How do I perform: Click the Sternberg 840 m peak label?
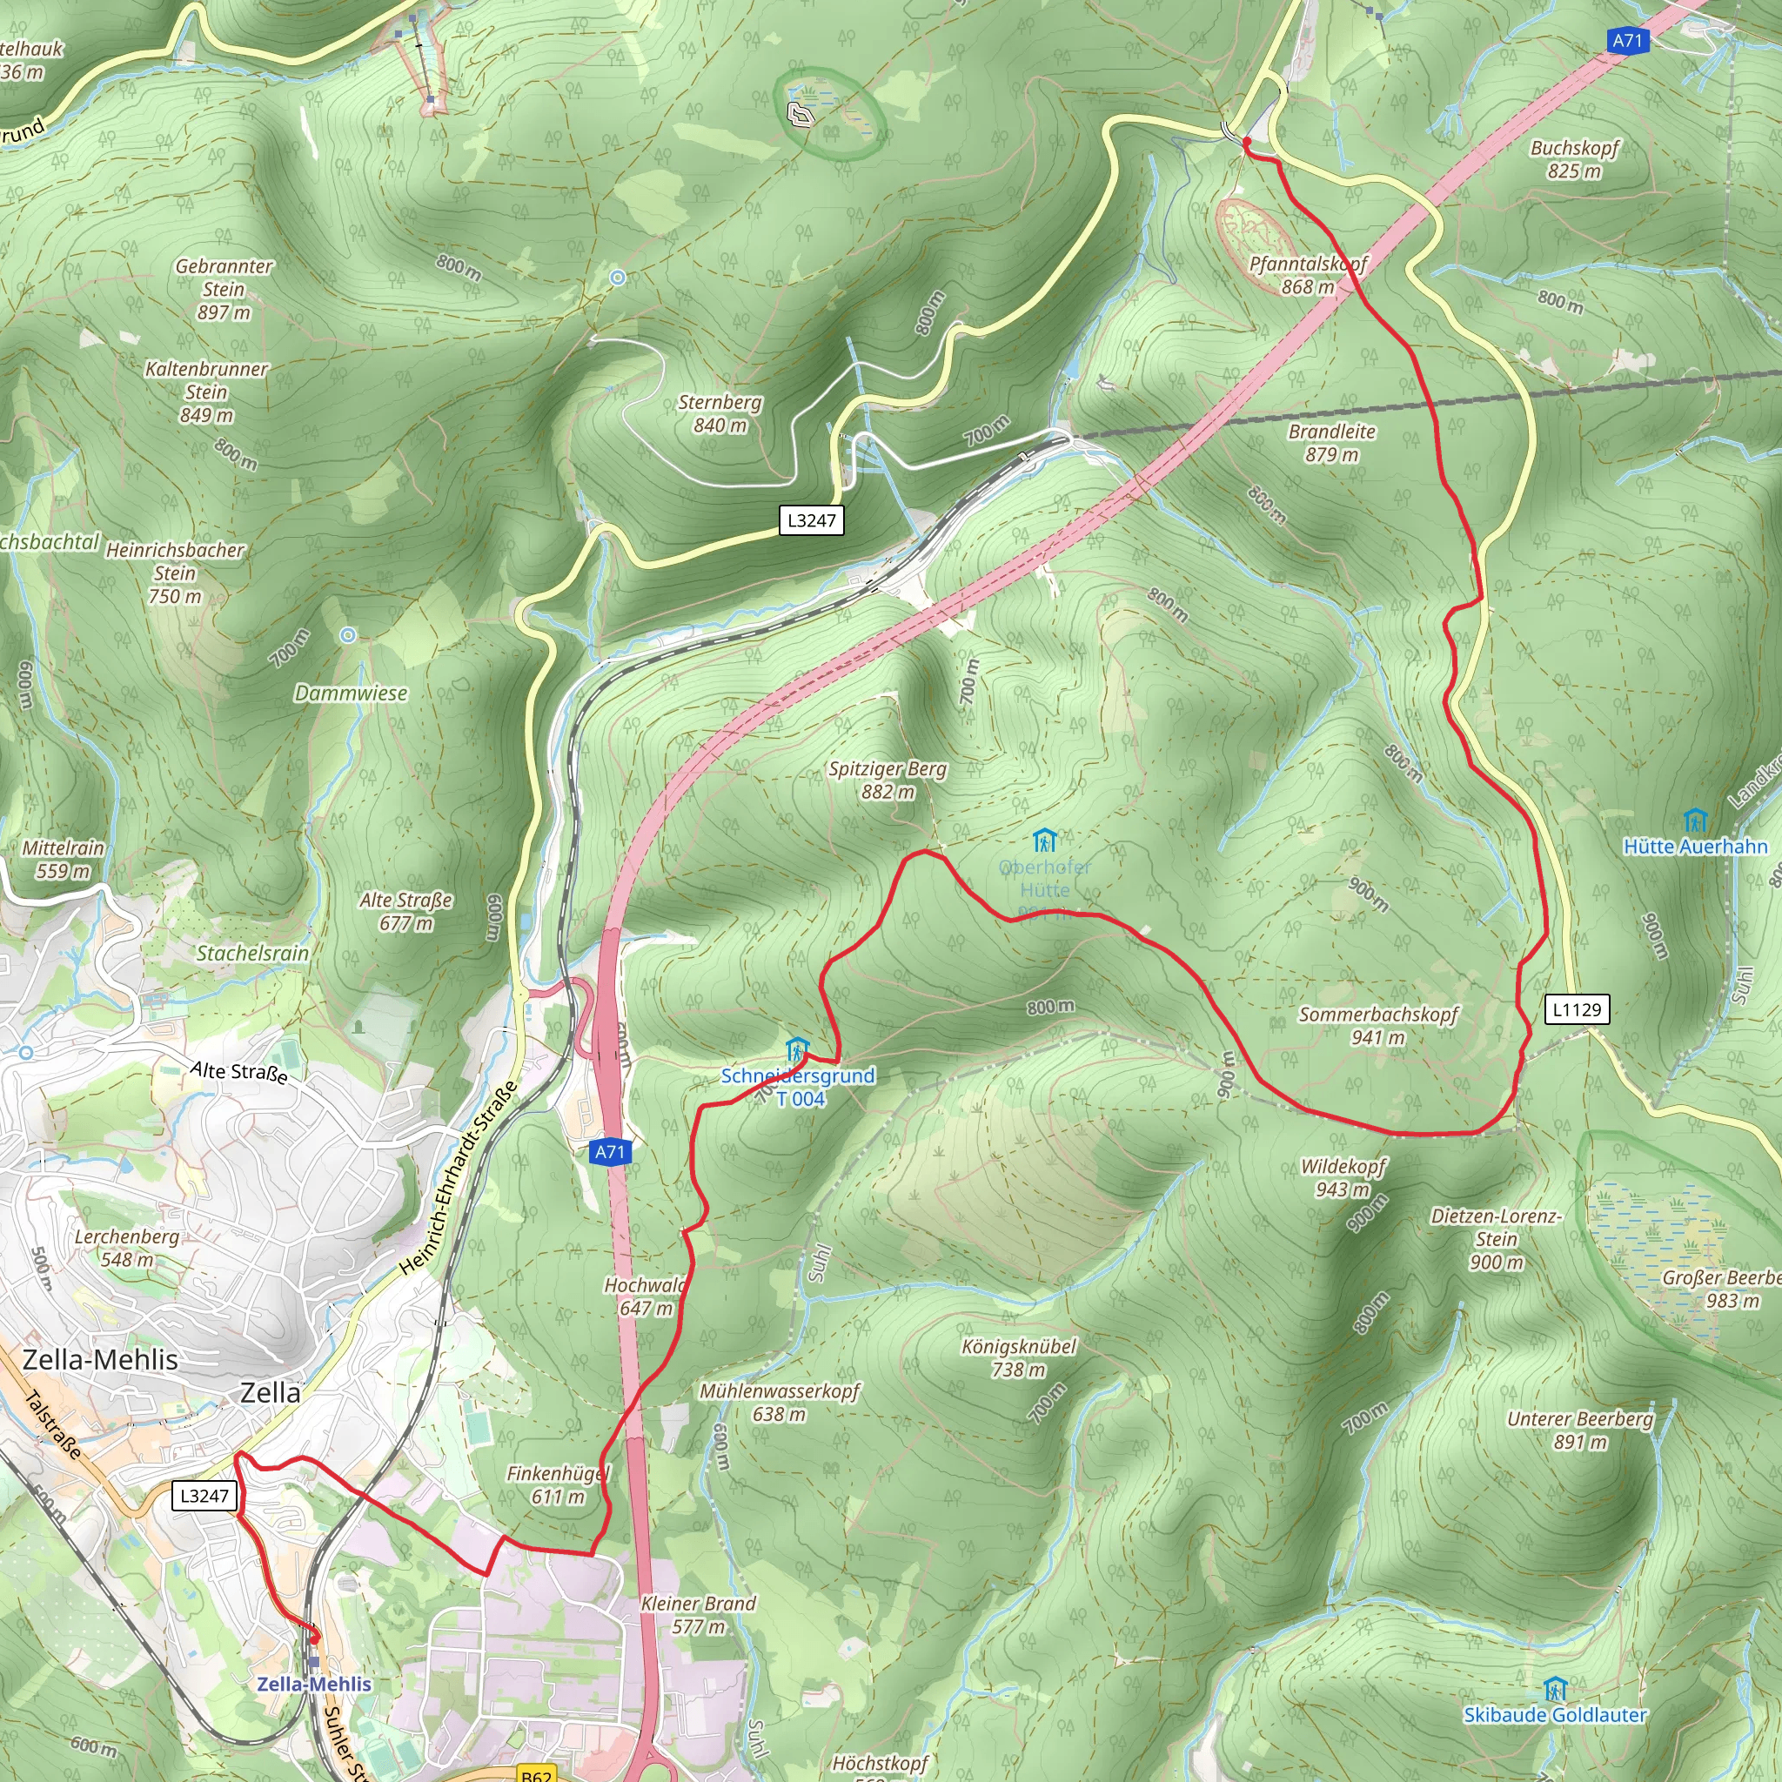720,414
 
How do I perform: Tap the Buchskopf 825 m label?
1574,159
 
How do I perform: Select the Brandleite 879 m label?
1332,443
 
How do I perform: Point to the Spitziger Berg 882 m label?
888,780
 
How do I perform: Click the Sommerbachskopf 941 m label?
1378,1026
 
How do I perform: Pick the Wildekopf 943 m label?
1343,1178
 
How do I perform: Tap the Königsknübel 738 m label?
1018,1357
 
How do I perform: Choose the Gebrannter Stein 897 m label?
224,289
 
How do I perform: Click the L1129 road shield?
1577,1009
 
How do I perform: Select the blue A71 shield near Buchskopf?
1627,41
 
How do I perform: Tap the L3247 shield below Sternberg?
811,520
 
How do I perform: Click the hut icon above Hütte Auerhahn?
1695,819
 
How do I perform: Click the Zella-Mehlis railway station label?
313,1685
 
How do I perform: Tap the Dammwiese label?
351,693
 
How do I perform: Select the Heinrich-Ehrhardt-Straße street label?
458,1182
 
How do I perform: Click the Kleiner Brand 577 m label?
698,1614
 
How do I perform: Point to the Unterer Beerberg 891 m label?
1580,1430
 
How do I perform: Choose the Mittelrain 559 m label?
63,859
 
